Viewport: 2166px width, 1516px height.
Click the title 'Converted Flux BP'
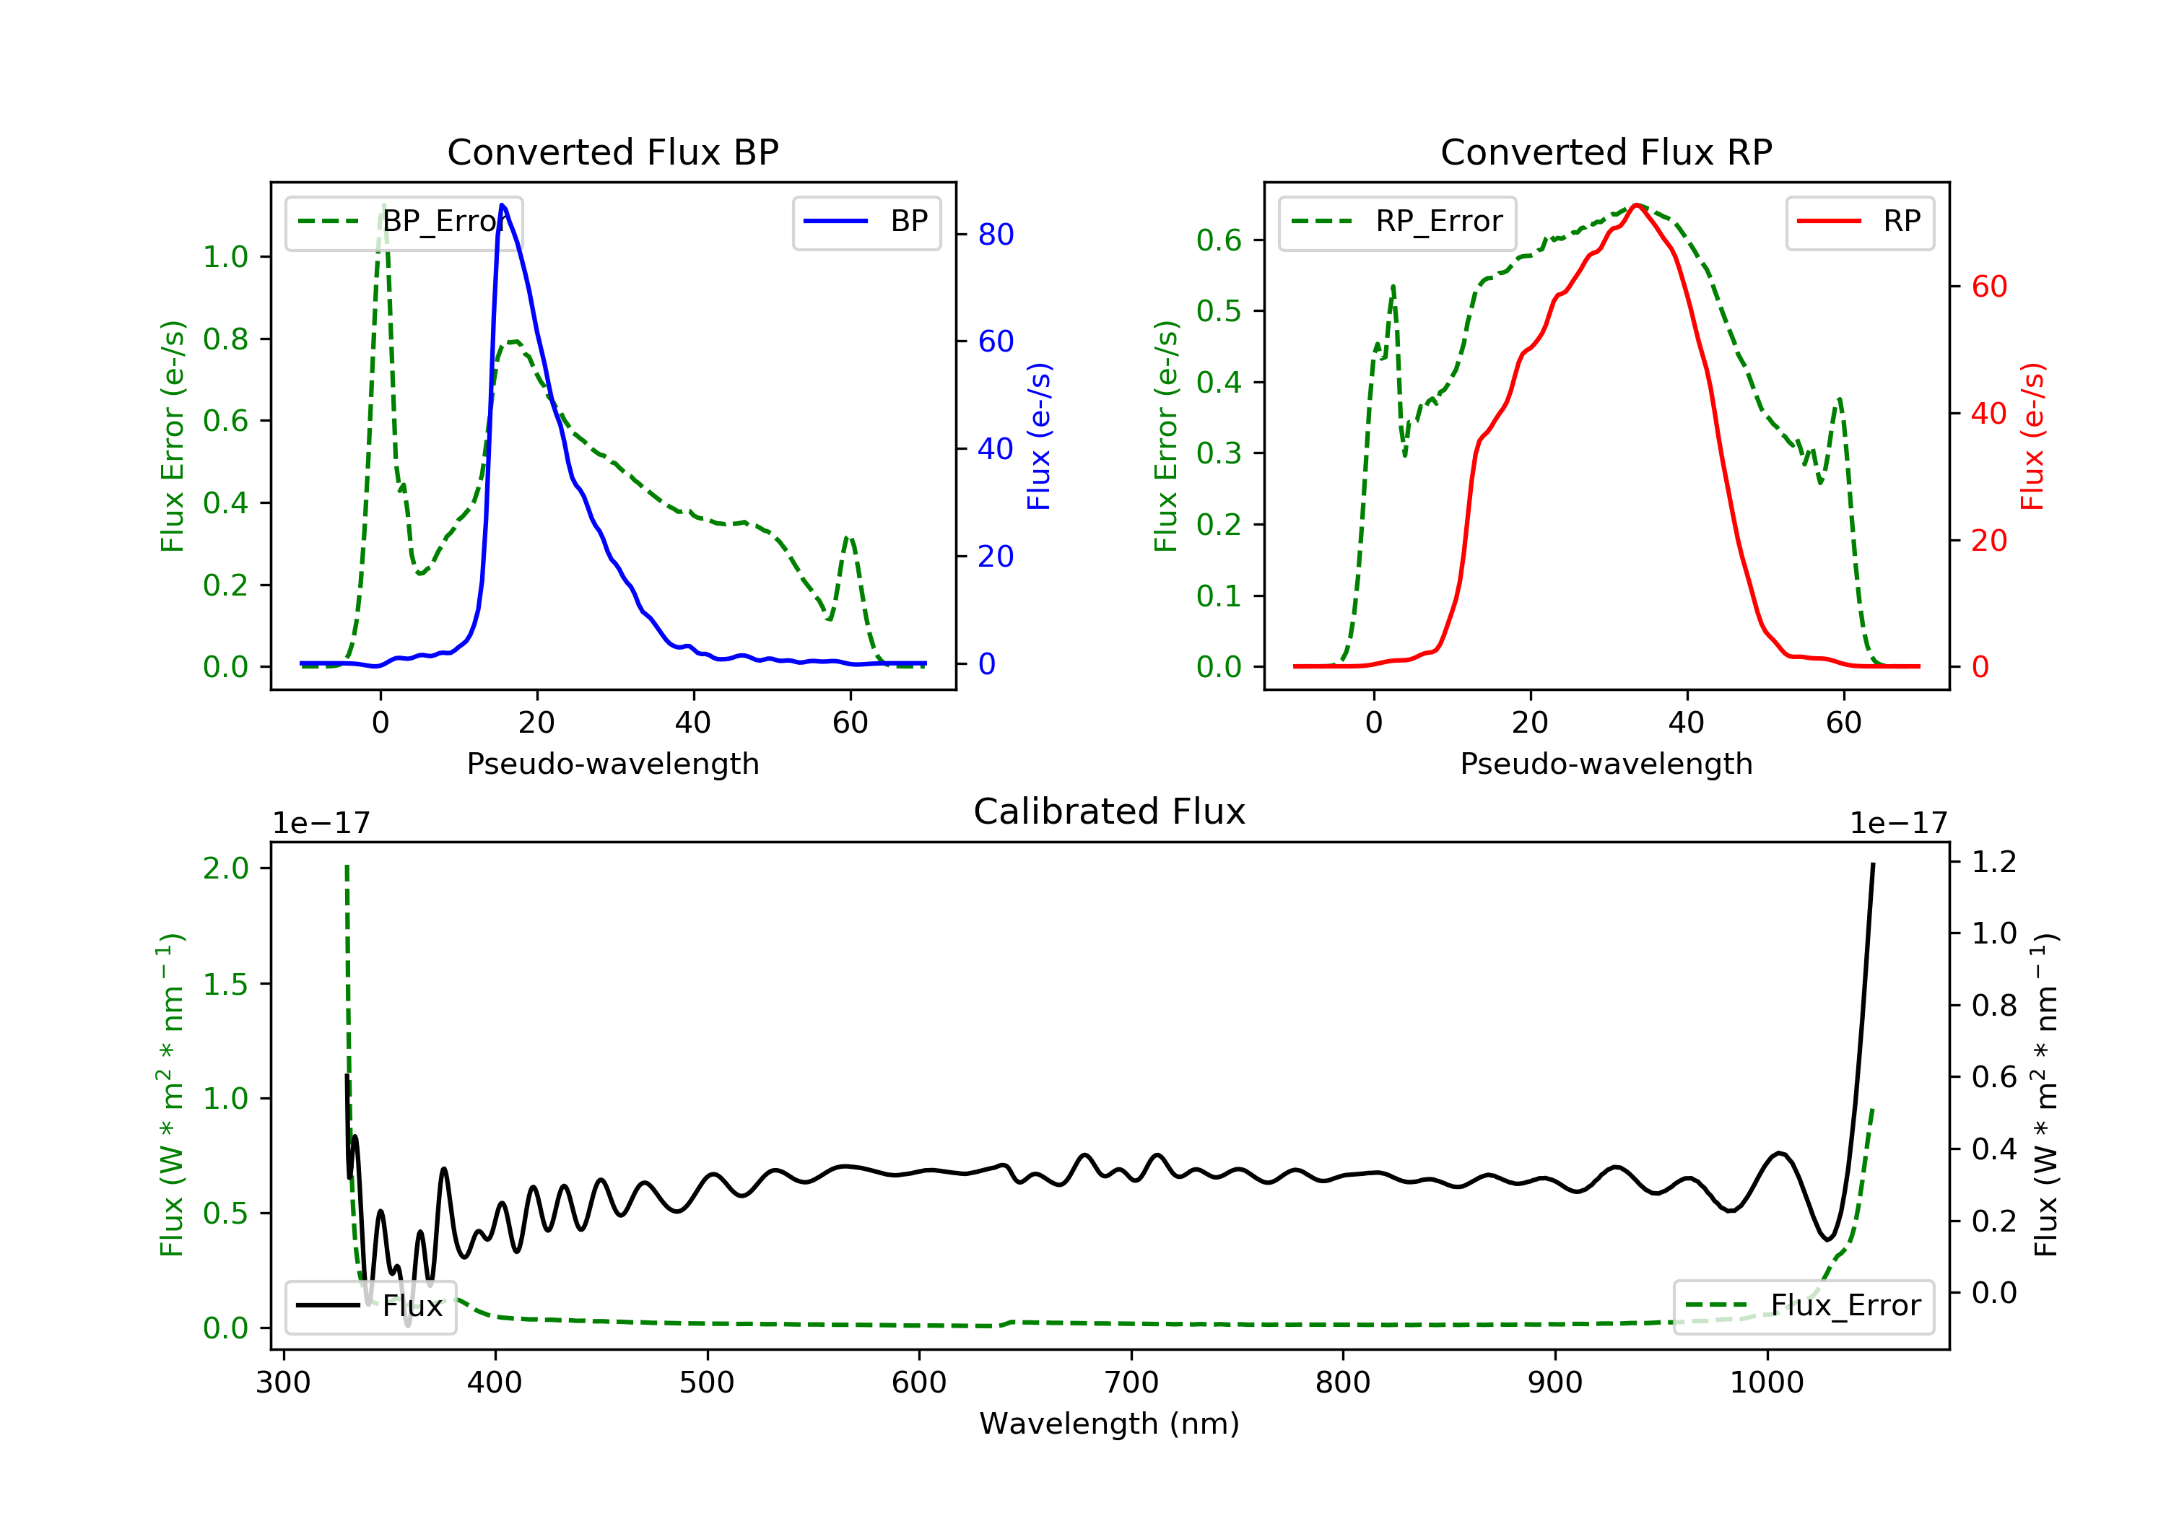click(612, 152)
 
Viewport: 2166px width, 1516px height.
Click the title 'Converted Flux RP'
click(1606, 152)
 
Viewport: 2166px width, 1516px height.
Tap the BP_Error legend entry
click(404, 222)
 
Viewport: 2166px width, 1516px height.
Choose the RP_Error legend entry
click(1397, 222)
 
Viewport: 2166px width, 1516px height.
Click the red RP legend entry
click(1859, 222)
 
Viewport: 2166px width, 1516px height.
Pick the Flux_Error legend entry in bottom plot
click(1803, 1306)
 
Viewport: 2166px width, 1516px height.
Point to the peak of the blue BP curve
click(502, 205)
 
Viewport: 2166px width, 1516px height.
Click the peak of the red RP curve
click(1637, 205)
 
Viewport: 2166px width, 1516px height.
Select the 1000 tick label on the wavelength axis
click(1766, 1383)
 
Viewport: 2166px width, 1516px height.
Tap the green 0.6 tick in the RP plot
click(1218, 240)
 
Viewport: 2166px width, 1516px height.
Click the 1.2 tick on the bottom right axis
click(1993, 862)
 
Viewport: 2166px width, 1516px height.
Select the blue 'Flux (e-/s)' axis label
click(1039, 436)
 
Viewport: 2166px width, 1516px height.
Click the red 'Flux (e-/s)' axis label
click(2032, 436)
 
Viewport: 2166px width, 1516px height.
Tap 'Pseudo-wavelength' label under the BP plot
click(612, 763)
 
